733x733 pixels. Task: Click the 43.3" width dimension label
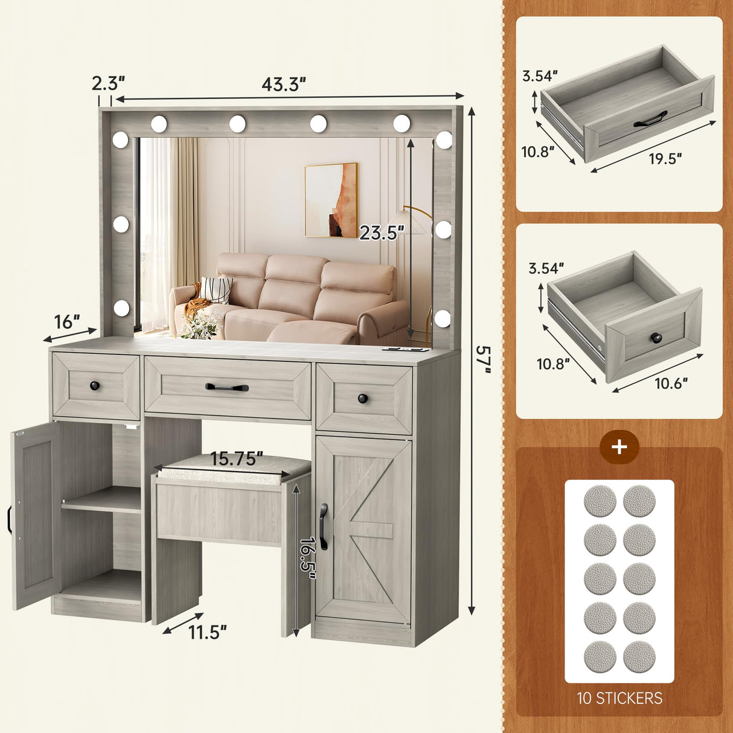284,85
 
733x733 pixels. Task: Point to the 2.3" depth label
109,83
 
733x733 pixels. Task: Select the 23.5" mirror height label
382,233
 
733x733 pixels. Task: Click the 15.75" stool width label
237,459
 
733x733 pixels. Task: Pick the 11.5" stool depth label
207,632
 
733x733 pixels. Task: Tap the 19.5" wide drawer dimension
665,159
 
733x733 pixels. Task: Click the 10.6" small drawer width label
671,383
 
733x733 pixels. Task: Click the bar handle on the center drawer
227,387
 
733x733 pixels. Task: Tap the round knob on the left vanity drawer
94,385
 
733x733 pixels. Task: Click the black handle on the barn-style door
324,527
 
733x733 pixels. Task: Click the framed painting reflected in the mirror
331,200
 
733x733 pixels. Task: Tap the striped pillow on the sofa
216,289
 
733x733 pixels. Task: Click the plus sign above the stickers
619,447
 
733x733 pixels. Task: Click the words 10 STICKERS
619,698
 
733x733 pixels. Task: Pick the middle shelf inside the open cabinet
101,501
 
